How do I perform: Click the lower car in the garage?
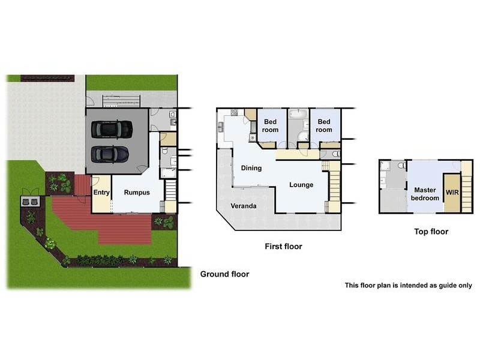(110, 154)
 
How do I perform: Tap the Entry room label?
(101, 193)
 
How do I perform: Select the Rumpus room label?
(137, 193)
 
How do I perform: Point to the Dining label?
(251, 168)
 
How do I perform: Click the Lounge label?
(301, 185)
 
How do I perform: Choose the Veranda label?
(245, 206)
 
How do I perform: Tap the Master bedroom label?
(425, 194)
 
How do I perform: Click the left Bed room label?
(271, 126)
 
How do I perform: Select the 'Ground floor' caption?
(224, 274)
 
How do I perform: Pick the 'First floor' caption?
(283, 246)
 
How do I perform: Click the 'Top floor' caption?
(431, 231)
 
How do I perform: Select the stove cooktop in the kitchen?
(234, 112)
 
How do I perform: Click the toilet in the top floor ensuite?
(384, 166)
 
